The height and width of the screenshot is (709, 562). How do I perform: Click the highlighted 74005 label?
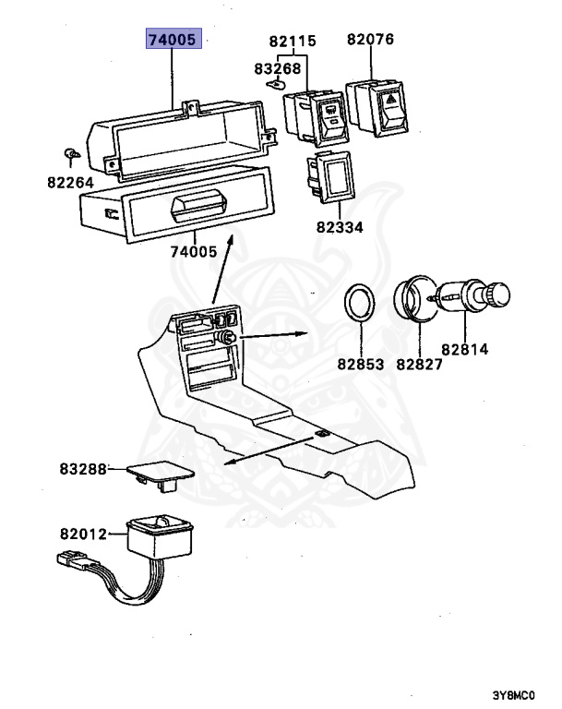[x=175, y=41]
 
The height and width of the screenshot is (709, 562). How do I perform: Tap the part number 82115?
[x=293, y=42]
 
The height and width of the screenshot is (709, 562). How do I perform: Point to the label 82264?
[x=71, y=183]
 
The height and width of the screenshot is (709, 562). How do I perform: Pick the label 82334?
[x=339, y=226]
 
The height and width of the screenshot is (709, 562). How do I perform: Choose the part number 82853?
[x=358, y=364]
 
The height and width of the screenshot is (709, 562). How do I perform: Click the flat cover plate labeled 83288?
[x=157, y=473]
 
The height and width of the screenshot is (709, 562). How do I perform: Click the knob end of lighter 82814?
[x=498, y=295]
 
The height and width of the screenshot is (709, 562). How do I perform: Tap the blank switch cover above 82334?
[x=333, y=175]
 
